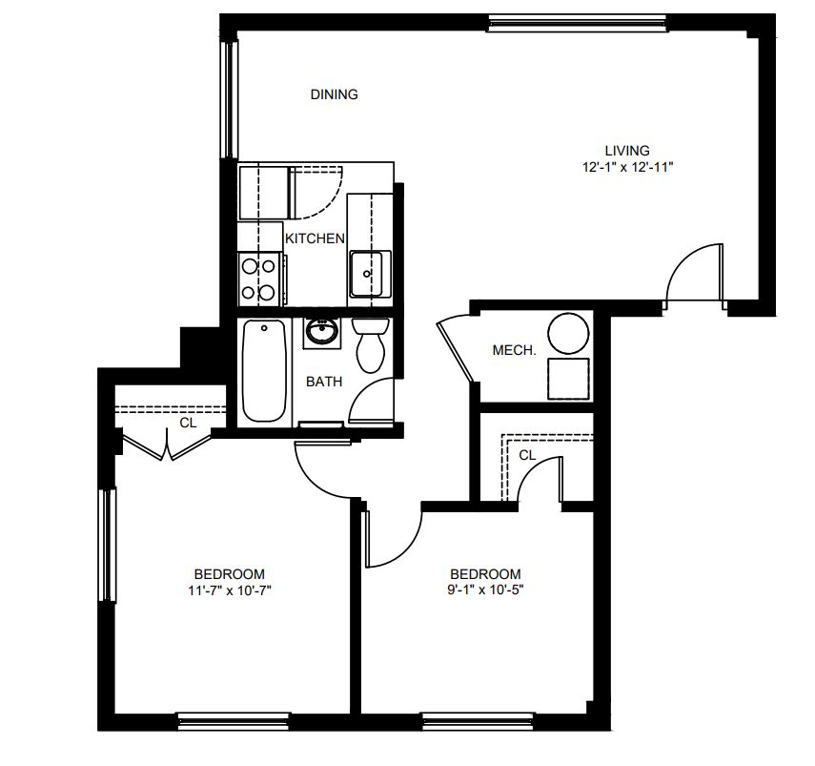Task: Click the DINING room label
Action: [x=334, y=94]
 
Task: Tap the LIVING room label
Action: [x=627, y=151]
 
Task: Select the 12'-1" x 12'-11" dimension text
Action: [x=627, y=167]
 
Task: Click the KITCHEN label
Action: [x=315, y=238]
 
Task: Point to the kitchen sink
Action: [x=370, y=274]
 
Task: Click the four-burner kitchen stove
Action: [x=259, y=279]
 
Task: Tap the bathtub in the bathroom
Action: [x=264, y=370]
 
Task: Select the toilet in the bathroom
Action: [x=371, y=345]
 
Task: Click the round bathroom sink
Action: [x=322, y=332]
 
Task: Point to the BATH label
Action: [x=324, y=382]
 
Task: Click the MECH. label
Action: [x=514, y=350]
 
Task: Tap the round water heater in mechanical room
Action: [x=569, y=333]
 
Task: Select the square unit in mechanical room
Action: [x=569, y=379]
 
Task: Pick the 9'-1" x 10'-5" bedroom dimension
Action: [x=485, y=590]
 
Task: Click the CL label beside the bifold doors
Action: [x=188, y=423]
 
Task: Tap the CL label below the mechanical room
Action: [x=527, y=456]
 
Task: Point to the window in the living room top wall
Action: [x=578, y=22]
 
